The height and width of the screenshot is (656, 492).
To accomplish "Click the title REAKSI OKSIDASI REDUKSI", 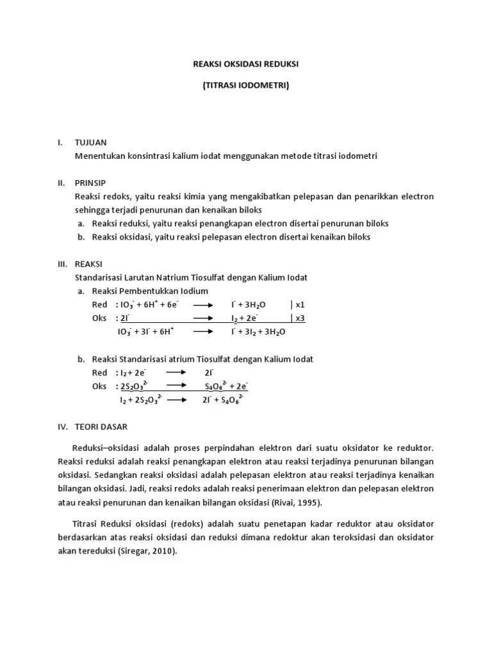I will pyautogui.click(x=246, y=65).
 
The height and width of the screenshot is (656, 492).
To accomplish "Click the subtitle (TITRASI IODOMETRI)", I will pyautogui.click(x=246, y=85).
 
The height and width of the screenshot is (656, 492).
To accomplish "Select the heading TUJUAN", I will pyautogui.click(x=91, y=142).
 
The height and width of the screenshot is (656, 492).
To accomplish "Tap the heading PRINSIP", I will pyautogui.click(x=90, y=182).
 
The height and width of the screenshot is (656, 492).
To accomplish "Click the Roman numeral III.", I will pyautogui.click(x=62, y=263).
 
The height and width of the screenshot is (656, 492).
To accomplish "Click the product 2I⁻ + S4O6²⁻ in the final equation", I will pyautogui.click(x=222, y=400).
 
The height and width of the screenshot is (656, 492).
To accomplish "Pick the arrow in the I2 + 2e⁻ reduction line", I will pyautogui.click(x=176, y=373).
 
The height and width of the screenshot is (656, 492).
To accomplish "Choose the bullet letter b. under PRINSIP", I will pyautogui.click(x=81, y=237).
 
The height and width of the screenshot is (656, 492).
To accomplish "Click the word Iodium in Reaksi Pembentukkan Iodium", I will pyautogui.click(x=193, y=291).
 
